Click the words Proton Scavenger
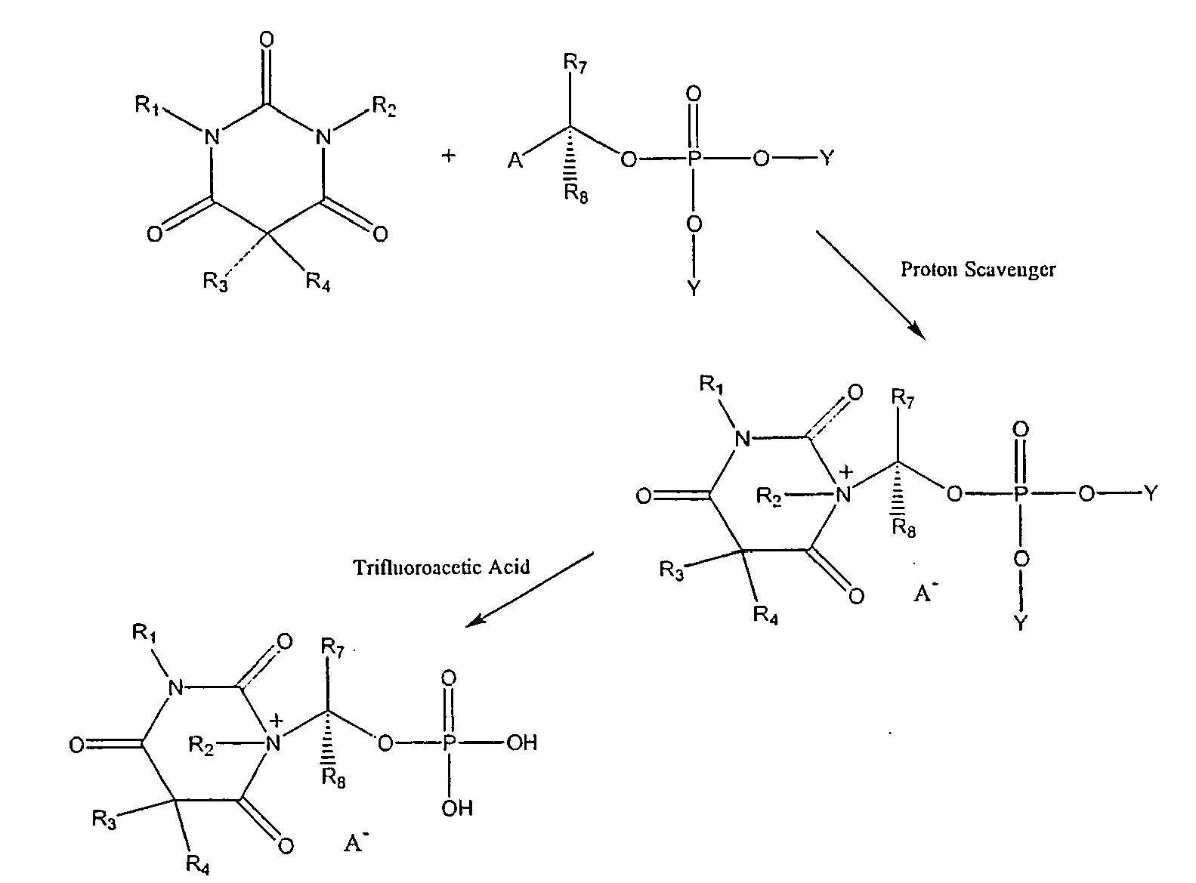(x=978, y=269)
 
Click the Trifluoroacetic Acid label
(x=441, y=567)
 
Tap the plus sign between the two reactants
(x=449, y=156)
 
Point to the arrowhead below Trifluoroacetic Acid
(x=475, y=620)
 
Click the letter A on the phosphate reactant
(x=515, y=160)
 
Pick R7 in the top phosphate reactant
(x=575, y=63)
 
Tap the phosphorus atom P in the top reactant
(x=694, y=159)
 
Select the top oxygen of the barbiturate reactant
(x=267, y=39)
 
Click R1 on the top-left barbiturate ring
(x=147, y=105)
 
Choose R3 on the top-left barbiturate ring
(x=215, y=282)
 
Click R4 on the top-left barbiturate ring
(x=317, y=282)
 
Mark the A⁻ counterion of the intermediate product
(x=926, y=592)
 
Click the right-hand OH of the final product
(x=522, y=743)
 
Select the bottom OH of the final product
(x=457, y=808)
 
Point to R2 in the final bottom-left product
(x=201, y=746)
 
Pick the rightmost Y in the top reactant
(x=827, y=159)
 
